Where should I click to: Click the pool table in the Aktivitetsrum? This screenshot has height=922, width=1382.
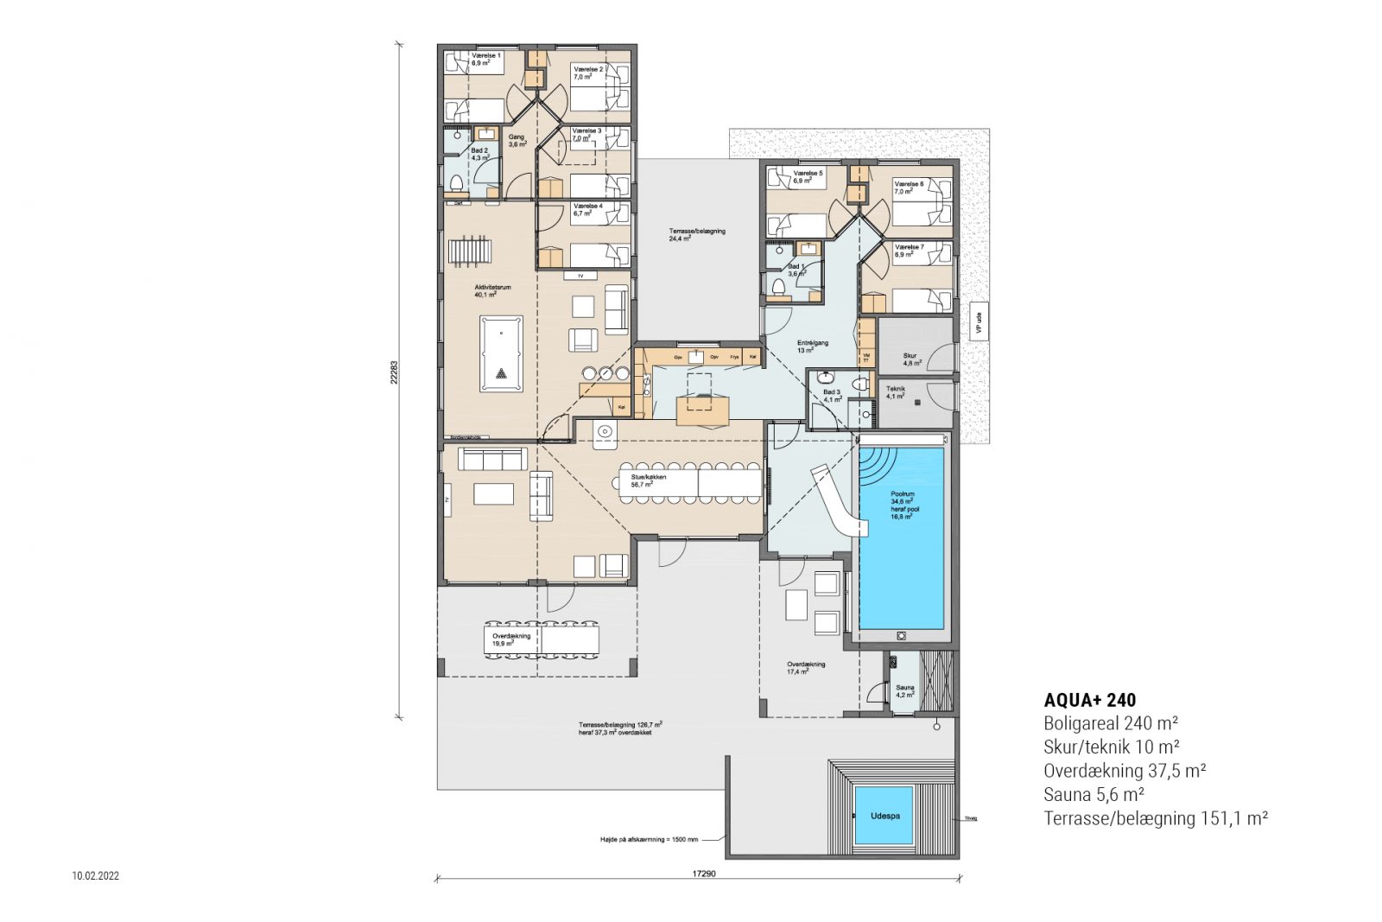[501, 354]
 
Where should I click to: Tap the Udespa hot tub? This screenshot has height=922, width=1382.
[884, 816]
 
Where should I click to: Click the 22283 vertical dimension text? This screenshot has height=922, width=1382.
[394, 372]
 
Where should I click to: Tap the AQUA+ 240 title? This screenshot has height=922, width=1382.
[1089, 700]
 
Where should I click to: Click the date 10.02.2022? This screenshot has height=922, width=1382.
[96, 876]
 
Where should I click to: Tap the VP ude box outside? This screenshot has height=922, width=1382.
[979, 321]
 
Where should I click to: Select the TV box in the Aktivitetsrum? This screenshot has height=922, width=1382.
[580, 276]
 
